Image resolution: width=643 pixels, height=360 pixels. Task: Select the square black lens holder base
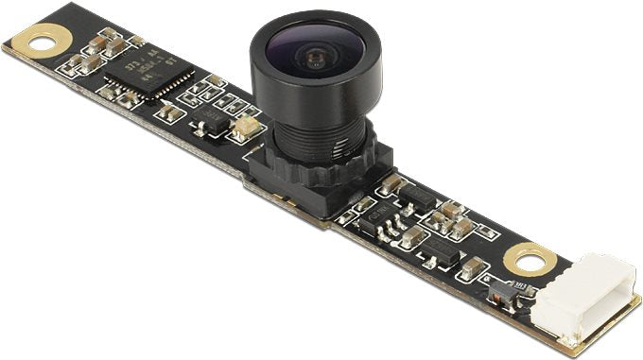pyautogui.click(x=312, y=180)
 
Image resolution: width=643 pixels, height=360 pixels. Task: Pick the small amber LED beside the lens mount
pyautogui.click(x=244, y=126)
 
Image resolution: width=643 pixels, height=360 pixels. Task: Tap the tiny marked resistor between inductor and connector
pyautogui.click(x=519, y=283)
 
